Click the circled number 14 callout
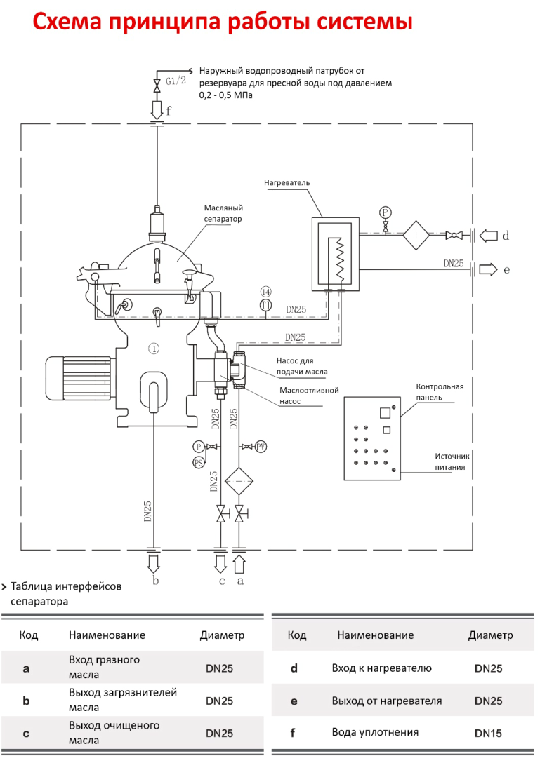pyautogui.click(x=265, y=292)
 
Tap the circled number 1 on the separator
pyautogui.click(x=154, y=349)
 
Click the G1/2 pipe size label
pyautogui.click(x=176, y=81)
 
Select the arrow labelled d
pyautogui.click(x=488, y=236)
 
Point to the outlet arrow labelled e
pyautogui.click(x=488, y=269)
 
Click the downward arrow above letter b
pyautogui.click(x=154, y=564)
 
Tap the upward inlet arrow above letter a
pyautogui.click(x=239, y=565)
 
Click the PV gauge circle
pyautogui.click(x=261, y=446)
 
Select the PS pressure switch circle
pyautogui.click(x=198, y=462)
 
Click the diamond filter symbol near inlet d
pyautogui.click(x=416, y=236)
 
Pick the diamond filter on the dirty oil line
pyautogui.click(x=239, y=481)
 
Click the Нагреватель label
pyautogui.click(x=287, y=183)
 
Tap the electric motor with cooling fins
pyautogui.click(x=81, y=378)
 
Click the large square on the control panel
pyautogui.click(x=385, y=412)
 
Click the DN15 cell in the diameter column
pyautogui.click(x=488, y=734)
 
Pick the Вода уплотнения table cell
pyautogui.click(x=375, y=732)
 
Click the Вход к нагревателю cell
pyautogui.click(x=381, y=668)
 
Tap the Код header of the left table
pyautogui.click(x=29, y=635)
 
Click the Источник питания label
pyautogui.click(x=452, y=461)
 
